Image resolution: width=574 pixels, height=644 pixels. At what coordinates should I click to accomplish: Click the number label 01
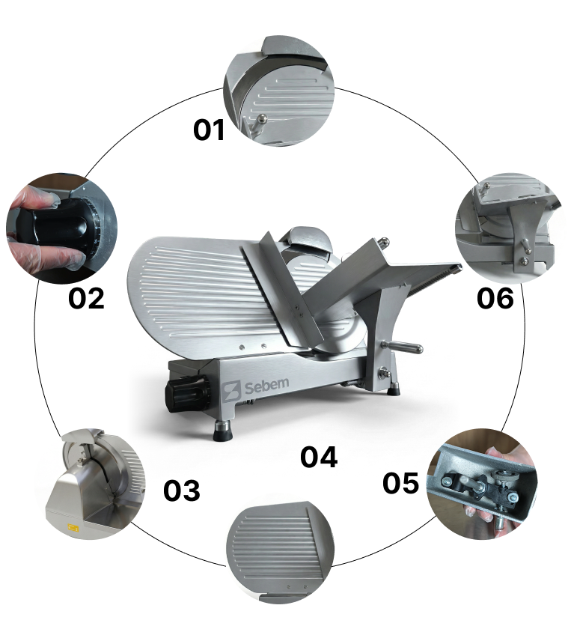click(x=209, y=130)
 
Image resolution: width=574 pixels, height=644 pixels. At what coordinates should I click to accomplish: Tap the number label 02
click(x=86, y=298)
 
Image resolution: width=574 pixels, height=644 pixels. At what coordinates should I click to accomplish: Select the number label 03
click(x=181, y=490)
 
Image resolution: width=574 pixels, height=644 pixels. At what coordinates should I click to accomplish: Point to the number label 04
click(x=319, y=457)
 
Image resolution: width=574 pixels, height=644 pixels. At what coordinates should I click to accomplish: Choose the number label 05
click(x=400, y=483)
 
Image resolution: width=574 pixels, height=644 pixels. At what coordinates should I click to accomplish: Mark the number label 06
click(x=495, y=298)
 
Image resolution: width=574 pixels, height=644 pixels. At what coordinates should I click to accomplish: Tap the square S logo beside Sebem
click(x=231, y=392)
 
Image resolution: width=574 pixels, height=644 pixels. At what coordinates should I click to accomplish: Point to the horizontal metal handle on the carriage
click(x=403, y=347)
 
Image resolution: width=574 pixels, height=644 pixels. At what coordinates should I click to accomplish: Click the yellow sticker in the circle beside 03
click(x=73, y=528)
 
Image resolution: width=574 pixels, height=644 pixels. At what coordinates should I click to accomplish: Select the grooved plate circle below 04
click(x=281, y=553)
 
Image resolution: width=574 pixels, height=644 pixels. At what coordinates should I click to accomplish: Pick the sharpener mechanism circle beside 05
click(x=482, y=484)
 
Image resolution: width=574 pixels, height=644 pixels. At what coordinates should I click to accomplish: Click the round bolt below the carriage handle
click(x=385, y=374)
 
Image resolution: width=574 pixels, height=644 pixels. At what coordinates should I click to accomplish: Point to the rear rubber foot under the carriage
click(x=394, y=388)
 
